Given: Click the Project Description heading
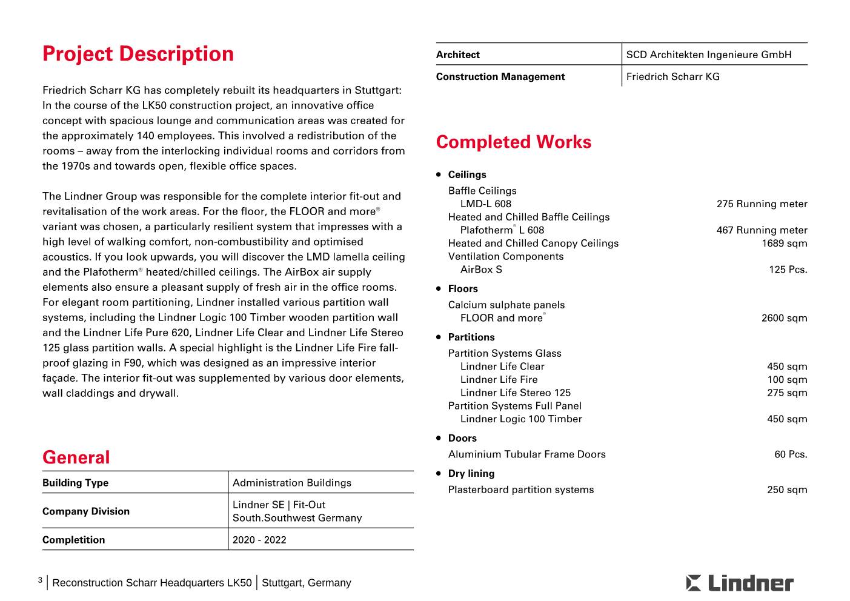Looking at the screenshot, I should (x=138, y=54).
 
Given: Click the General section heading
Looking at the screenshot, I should (x=76, y=457).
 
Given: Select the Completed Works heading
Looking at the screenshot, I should (x=513, y=142).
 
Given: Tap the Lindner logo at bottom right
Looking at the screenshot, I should (x=740, y=583).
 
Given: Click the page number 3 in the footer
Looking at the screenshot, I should (x=40, y=580).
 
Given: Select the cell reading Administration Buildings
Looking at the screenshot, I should (x=291, y=483).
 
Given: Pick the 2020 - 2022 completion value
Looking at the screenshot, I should (x=259, y=540).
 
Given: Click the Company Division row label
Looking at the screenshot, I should (x=86, y=511).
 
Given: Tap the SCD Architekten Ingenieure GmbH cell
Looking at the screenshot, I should (x=709, y=55).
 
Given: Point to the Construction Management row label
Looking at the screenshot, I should (x=500, y=76).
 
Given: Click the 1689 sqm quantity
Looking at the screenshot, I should (x=784, y=244).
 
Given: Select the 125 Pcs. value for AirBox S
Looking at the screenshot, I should (x=788, y=270).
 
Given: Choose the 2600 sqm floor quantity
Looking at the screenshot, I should (x=784, y=318).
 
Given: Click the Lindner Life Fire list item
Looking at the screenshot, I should (x=499, y=380).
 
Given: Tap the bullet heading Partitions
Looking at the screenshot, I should (x=471, y=337).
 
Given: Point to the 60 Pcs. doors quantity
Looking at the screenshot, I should (x=791, y=454).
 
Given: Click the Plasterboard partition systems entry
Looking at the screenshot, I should (x=521, y=490).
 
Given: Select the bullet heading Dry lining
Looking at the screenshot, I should (x=471, y=474).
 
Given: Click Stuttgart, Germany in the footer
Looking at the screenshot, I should (x=307, y=583).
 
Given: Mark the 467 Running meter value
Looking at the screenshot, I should (x=762, y=230).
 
